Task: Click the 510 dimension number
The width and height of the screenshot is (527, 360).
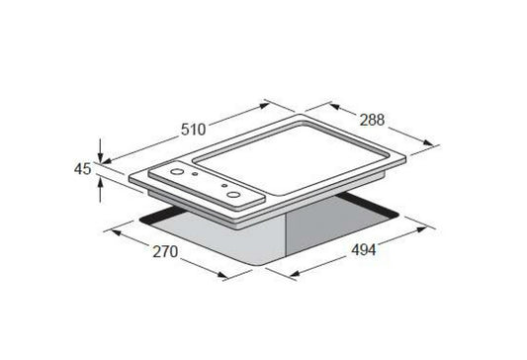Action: [193, 130]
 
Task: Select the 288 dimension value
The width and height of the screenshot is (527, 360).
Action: [372, 120]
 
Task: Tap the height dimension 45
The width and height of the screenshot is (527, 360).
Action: [83, 169]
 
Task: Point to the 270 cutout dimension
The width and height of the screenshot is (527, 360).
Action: [165, 251]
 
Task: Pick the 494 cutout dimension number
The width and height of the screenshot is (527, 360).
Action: [364, 250]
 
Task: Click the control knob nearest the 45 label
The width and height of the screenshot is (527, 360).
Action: [177, 172]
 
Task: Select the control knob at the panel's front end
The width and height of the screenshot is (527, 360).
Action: [233, 195]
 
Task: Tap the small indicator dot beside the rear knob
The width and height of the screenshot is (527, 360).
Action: [195, 174]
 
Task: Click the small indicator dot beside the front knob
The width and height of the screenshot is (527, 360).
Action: [224, 186]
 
